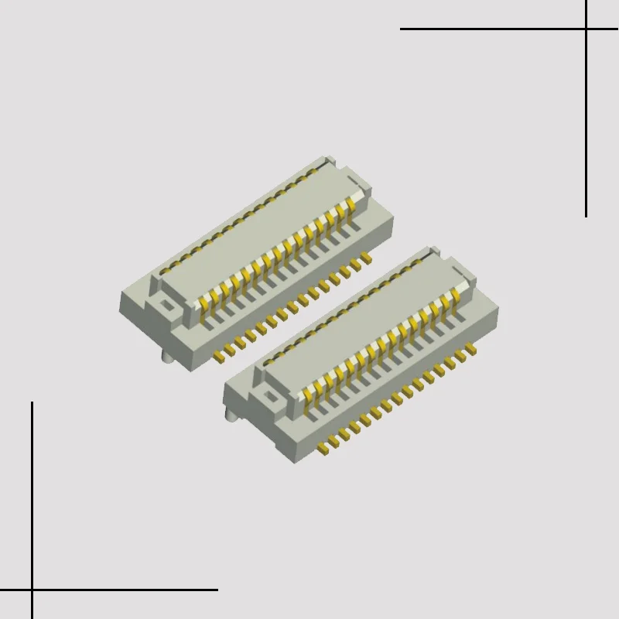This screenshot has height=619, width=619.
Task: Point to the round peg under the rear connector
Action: tap(166, 357)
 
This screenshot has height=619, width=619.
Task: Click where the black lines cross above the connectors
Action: tap(586, 29)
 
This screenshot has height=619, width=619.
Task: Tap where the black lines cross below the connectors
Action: tap(32, 590)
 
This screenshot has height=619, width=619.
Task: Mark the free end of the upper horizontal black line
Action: tap(401, 29)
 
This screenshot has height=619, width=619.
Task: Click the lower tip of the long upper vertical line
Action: tap(586, 216)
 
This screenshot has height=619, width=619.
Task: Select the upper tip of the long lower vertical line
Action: tap(32, 402)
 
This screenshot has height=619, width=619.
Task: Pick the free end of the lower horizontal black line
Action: tap(217, 590)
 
